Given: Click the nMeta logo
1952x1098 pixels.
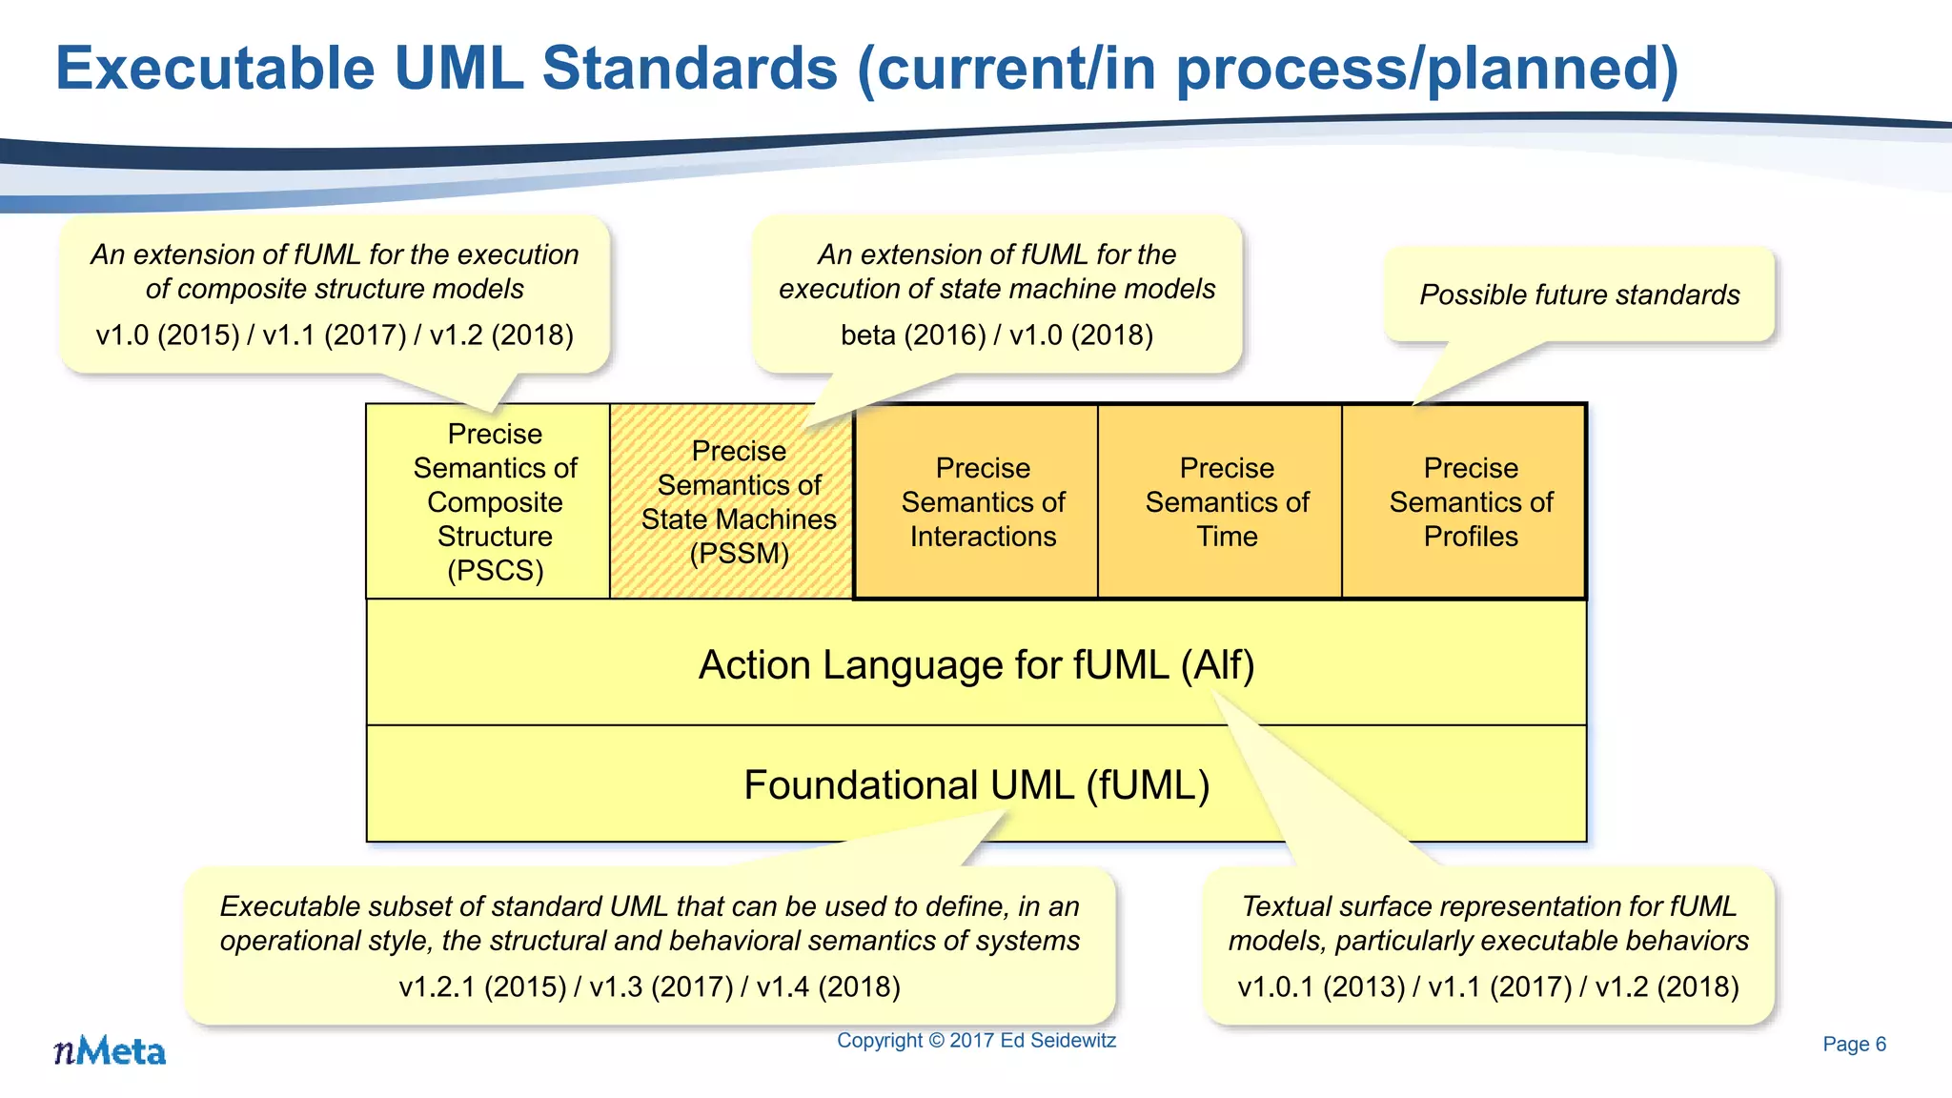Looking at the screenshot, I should coord(110,1051).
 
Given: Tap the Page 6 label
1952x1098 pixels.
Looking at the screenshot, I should coord(1854,1044).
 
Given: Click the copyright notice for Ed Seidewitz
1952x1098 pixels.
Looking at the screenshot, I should coord(976,1040).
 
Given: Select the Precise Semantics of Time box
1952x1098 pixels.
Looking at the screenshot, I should coord(1227,502).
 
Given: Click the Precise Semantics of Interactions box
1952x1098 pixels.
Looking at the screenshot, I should coord(983,502).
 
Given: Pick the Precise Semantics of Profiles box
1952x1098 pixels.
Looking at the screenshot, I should coord(1471,502).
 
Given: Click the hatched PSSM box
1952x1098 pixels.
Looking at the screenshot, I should coord(738,502).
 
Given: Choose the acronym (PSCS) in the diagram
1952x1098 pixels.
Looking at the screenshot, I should coord(495,570).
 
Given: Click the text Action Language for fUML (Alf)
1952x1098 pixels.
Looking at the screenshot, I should coord(976,664).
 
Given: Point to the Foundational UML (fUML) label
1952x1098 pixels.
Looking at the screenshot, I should coord(976,784).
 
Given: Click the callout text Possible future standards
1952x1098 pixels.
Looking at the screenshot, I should coord(1579,295).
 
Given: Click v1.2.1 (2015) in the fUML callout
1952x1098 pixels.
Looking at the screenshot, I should coord(482,986).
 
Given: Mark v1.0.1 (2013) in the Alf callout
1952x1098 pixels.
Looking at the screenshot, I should coord(1321,986).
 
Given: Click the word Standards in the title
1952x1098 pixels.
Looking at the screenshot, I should coord(689,69).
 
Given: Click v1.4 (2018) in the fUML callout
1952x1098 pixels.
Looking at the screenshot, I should coord(827,986).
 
